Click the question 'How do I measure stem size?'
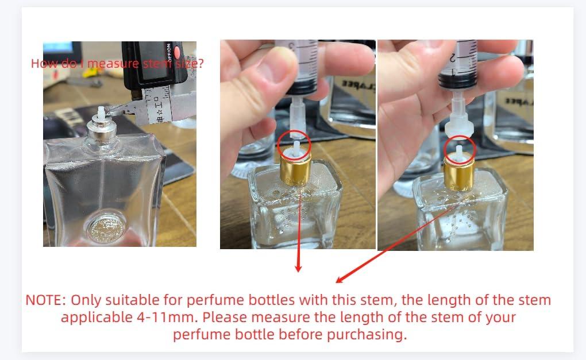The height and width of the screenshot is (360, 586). [117, 63]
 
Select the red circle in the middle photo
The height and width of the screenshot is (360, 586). [295, 147]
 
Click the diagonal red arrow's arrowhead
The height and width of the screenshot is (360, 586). [340, 280]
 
